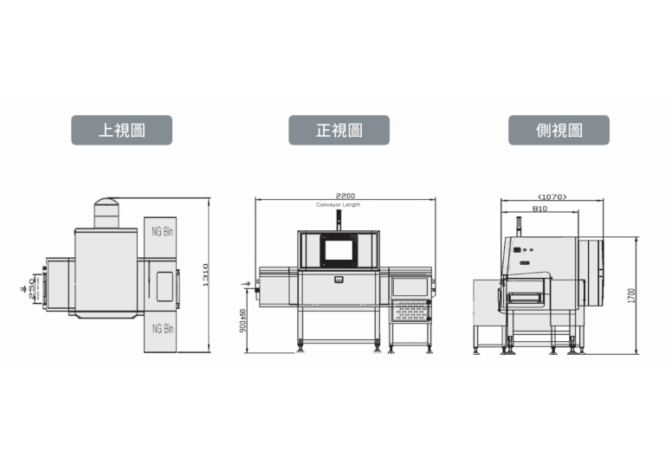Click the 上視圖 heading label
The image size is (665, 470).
(x=121, y=130)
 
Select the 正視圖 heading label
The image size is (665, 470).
(x=339, y=130)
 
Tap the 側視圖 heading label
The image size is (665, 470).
(x=558, y=130)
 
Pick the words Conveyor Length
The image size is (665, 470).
(x=339, y=204)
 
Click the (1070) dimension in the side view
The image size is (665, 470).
(x=552, y=197)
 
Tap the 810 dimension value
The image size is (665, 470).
(x=539, y=209)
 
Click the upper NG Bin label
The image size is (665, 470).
(x=162, y=232)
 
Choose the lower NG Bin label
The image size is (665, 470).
(x=162, y=328)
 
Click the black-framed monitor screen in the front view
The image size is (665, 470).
(x=339, y=250)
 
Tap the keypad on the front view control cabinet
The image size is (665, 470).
(x=410, y=308)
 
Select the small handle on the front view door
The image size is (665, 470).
(x=339, y=279)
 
